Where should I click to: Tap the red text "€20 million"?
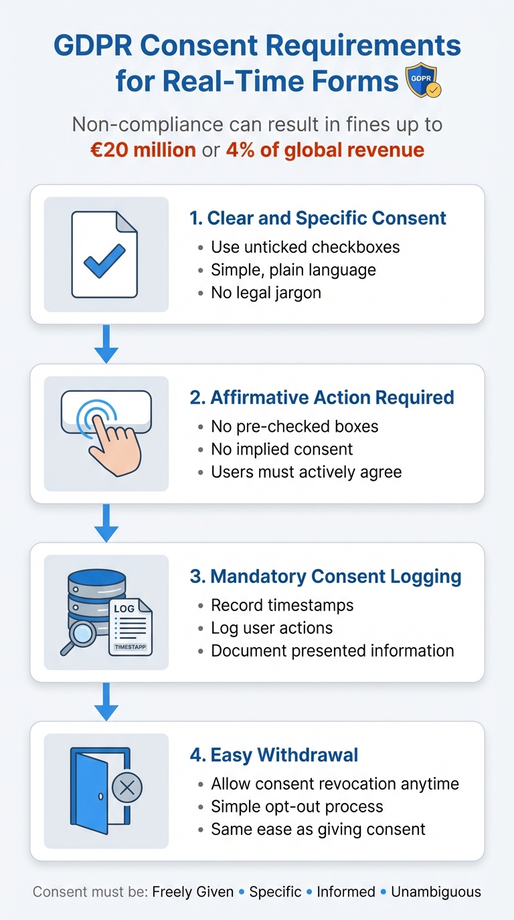(x=143, y=149)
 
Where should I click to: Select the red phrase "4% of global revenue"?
(x=325, y=149)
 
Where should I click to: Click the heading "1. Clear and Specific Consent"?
(x=318, y=218)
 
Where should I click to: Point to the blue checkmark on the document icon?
(x=104, y=261)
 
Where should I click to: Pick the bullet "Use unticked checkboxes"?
(x=305, y=247)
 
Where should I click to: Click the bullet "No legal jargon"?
(x=266, y=292)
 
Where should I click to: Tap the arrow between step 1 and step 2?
(x=106, y=345)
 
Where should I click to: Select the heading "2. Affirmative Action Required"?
(x=322, y=397)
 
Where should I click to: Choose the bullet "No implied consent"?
(x=282, y=449)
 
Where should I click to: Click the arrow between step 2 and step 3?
(x=106, y=524)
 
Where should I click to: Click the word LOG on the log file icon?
(x=124, y=608)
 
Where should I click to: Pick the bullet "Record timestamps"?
(x=282, y=605)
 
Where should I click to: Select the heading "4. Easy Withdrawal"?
(x=274, y=756)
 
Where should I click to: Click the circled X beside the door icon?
(x=126, y=789)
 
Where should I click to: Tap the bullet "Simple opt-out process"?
(x=297, y=806)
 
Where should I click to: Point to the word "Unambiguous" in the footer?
(x=436, y=892)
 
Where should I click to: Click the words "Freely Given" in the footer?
(x=193, y=892)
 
